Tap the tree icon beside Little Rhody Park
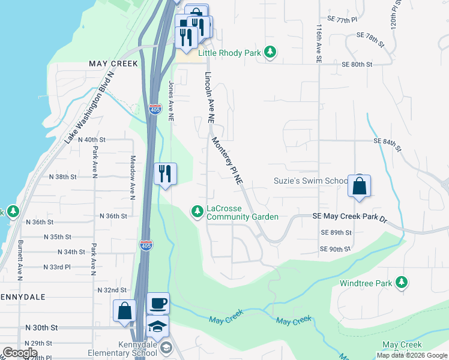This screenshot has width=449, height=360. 271,53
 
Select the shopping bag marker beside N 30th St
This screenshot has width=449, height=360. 125,311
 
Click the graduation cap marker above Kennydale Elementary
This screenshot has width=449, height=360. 158,326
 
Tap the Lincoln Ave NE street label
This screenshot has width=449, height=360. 209,98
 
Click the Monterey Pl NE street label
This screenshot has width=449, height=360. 228,160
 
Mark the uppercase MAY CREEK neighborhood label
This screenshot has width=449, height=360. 113,63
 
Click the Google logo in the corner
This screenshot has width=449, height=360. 19,353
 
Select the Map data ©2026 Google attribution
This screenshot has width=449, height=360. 412,355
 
